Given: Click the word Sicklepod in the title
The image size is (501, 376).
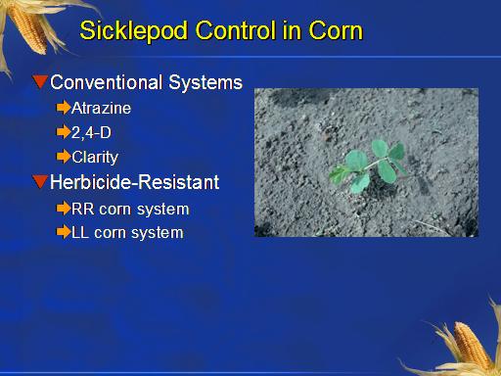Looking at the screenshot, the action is pos(134,31).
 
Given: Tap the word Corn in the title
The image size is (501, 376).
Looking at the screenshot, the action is pos(336,30).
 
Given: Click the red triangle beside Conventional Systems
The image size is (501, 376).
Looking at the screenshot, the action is pos(40,81).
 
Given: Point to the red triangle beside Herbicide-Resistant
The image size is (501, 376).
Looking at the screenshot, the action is pos(40,181).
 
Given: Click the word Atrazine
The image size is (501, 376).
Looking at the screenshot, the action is pos(101,108).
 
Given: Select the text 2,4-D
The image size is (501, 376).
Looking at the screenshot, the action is pos(91,133).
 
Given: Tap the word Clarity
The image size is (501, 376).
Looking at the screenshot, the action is pos(95,158).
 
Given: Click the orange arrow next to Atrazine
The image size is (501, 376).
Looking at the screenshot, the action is pos(64,108).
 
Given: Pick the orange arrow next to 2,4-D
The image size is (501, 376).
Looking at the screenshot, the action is pos(64,132).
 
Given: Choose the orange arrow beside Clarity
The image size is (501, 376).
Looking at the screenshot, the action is pos(64,157).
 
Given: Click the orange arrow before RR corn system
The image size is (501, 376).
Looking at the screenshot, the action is pos(64,209).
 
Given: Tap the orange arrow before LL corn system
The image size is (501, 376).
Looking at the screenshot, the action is pos(64,232).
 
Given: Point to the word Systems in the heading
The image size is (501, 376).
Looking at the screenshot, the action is pos(205,83).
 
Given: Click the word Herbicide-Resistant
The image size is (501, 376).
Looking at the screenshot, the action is pos(134,182).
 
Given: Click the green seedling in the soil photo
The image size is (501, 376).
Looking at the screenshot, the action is pos(369,166).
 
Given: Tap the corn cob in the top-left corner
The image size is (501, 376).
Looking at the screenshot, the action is pos(28,28).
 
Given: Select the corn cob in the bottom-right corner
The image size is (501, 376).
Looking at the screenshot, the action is pos(473,346).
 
